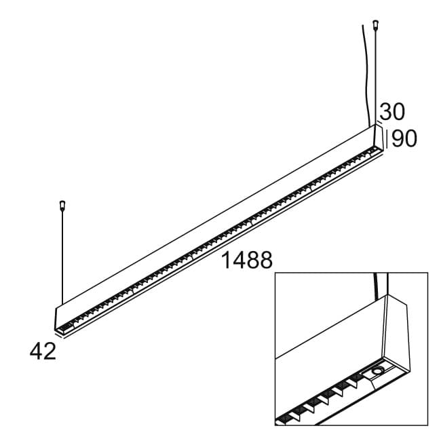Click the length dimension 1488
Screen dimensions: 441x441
[x=247, y=260]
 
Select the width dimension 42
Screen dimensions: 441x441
[x=43, y=351]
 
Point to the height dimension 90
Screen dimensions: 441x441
[x=404, y=138]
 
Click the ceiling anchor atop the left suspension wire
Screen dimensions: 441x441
[x=62, y=203]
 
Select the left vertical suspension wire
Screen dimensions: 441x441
[x=62, y=258]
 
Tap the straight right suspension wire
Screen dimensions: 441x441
[x=375, y=75]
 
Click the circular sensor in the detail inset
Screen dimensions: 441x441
[x=377, y=371]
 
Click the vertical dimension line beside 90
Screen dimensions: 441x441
[x=387, y=138]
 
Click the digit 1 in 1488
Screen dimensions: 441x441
[x=227, y=260]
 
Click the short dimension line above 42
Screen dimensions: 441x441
[x=57, y=334]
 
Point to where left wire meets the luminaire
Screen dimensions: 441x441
[x=62, y=303]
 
